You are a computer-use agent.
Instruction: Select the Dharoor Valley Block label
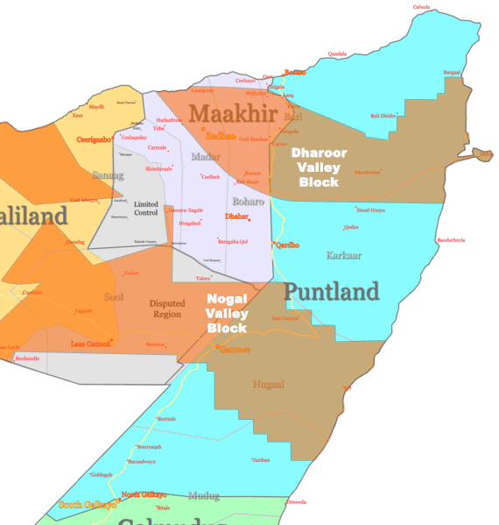click(x=319, y=167)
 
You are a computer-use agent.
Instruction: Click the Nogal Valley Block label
click(x=228, y=313)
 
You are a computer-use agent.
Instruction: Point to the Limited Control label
click(x=145, y=208)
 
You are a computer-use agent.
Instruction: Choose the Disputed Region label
click(x=166, y=309)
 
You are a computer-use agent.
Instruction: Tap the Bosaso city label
click(x=296, y=72)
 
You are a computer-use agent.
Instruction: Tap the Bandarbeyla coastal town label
click(x=452, y=239)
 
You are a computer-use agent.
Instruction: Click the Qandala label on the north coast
click(x=337, y=53)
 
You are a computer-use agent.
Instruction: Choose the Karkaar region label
click(x=343, y=255)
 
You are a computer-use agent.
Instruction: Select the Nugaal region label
click(x=268, y=384)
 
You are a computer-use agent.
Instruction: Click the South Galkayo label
click(x=87, y=504)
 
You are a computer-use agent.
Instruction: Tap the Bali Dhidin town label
click(x=384, y=115)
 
